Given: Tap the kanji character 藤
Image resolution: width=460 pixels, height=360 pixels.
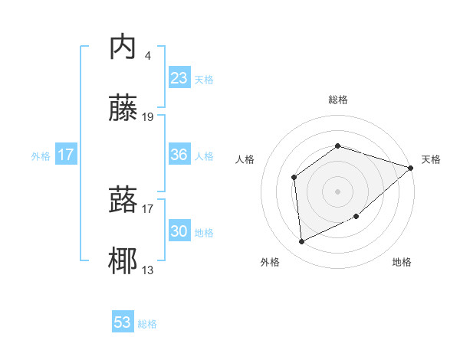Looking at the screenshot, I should click(123, 109).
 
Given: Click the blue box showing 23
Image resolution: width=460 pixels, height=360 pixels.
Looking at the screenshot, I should click(179, 78).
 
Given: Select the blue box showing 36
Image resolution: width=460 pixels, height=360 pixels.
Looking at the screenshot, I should click(179, 155).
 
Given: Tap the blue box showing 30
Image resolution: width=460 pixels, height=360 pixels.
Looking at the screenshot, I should click(179, 231).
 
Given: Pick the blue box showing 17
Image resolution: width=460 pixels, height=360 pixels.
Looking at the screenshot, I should click(66, 155).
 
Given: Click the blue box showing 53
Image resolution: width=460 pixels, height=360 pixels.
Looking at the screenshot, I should click(123, 322).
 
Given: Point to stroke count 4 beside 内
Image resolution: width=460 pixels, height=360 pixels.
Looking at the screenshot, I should click(147, 55).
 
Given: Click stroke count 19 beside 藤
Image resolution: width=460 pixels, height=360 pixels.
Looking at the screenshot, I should click(148, 117).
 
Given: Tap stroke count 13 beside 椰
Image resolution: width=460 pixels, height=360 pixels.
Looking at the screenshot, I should click(148, 270).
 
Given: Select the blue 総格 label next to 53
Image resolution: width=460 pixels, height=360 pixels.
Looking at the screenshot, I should click(147, 324).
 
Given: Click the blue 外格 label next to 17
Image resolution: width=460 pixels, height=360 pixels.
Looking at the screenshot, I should click(41, 156).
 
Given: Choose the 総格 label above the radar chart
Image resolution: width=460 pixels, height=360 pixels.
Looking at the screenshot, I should click(338, 100).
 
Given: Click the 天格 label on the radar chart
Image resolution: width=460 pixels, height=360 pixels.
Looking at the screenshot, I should click(432, 159).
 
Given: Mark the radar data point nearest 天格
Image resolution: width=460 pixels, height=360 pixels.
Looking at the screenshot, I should click(411, 168).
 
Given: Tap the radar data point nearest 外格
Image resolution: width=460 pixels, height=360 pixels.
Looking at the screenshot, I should click(302, 241).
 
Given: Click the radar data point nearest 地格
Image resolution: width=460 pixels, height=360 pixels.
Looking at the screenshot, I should click(357, 218).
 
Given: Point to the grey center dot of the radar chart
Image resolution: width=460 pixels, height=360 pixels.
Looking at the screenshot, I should click(338, 191).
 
